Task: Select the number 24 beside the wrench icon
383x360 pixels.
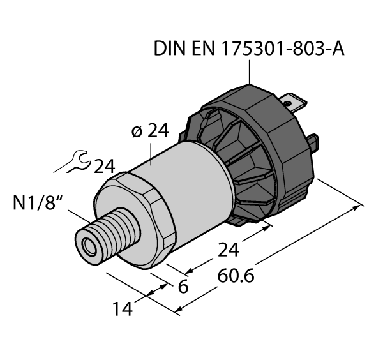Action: tap(104, 167)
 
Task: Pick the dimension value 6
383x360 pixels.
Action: tap(183, 287)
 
